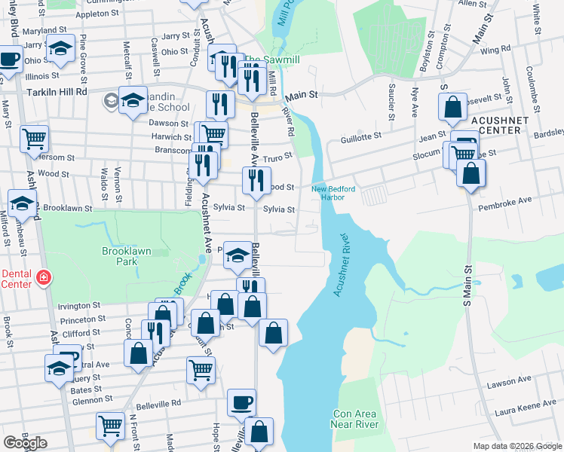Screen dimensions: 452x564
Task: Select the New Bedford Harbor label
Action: click(x=333, y=193)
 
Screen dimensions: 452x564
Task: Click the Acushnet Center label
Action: click(x=495, y=124)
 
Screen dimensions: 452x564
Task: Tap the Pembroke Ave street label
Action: click(x=510, y=200)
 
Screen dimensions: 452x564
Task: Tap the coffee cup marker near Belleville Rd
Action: click(x=241, y=402)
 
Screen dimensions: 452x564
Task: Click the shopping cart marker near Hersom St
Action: click(x=35, y=138)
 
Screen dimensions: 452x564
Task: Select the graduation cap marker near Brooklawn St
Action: click(x=23, y=202)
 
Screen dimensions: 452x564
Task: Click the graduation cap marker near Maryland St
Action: click(x=60, y=47)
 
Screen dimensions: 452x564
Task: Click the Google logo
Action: click(x=25, y=443)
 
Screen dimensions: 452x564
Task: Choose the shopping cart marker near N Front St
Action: click(x=111, y=426)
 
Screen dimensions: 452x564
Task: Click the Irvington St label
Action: click(x=79, y=306)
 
